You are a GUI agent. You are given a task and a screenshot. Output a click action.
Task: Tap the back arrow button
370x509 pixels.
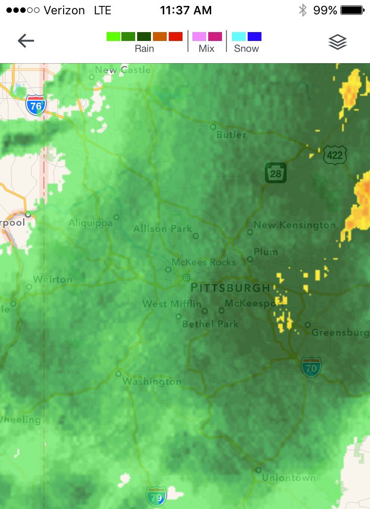[26, 41]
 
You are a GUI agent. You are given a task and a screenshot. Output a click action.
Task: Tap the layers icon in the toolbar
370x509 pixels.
[338, 42]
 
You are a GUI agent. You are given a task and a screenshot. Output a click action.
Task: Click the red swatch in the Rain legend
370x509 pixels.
[176, 37]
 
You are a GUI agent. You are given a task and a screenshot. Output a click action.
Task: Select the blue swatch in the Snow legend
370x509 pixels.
[254, 37]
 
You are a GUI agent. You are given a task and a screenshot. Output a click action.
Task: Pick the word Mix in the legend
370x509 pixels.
[207, 48]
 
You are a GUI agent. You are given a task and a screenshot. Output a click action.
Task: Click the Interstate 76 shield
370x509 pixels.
[36, 106]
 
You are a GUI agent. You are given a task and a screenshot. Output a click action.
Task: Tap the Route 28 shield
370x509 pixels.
[275, 173]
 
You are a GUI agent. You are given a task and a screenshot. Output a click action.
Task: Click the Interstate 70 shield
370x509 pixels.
[311, 367]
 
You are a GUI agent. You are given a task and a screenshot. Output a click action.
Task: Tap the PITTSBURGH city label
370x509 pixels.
[230, 288]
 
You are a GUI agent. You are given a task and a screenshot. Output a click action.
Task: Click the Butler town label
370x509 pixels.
[231, 135]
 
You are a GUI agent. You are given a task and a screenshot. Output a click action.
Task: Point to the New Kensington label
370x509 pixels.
[295, 225]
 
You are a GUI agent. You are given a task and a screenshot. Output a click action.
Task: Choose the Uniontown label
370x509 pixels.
[289, 478]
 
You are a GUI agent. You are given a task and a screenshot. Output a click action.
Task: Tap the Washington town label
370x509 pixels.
[152, 382]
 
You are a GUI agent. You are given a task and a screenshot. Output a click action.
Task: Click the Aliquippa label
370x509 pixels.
[90, 223]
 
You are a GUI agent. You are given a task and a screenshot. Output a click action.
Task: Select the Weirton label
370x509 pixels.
[52, 279]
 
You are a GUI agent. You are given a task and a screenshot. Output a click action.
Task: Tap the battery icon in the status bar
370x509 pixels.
[352, 10]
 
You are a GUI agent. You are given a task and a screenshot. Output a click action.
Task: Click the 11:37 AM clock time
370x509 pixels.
[186, 10]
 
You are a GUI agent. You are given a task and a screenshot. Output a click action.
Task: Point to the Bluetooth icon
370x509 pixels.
[302, 10]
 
